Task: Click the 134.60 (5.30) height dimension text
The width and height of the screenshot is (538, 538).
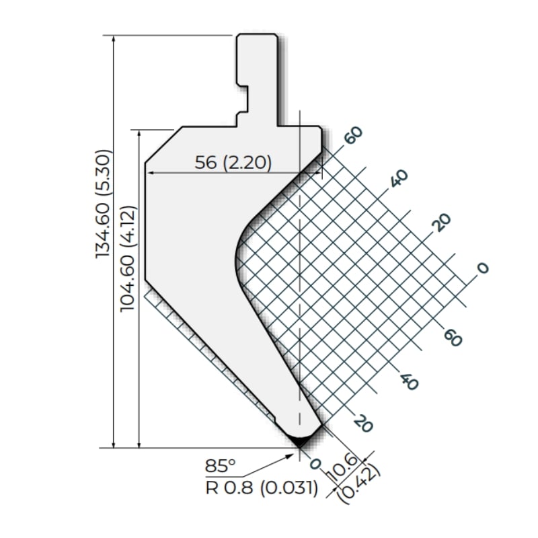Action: point(104,204)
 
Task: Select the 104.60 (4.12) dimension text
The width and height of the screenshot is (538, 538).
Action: point(128,259)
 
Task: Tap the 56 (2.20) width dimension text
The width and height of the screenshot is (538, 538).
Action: point(233,162)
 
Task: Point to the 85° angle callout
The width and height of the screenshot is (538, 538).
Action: point(221,466)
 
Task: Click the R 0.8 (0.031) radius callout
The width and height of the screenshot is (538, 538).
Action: point(262,488)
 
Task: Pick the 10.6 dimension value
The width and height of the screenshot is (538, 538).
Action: point(343,467)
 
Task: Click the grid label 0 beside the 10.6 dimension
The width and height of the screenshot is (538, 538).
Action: point(315,464)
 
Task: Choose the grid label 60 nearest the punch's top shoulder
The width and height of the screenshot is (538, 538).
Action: point(354,135)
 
